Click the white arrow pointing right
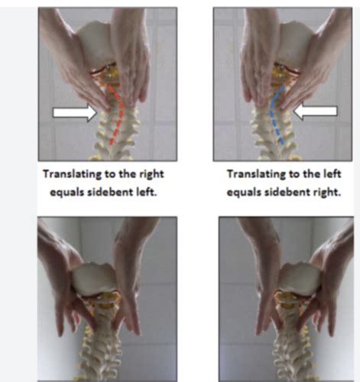coord(75,112)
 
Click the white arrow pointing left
coord(316,111)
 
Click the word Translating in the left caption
coord(72,174)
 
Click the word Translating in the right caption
coord(256,174)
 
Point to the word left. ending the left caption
coord(147,192)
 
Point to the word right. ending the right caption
coord(327,193)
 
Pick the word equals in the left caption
coord(66,193)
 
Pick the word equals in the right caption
coord(244,193)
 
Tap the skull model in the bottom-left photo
coord(95,278)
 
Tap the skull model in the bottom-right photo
coord(299,278)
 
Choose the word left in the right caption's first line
coord(332,174)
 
